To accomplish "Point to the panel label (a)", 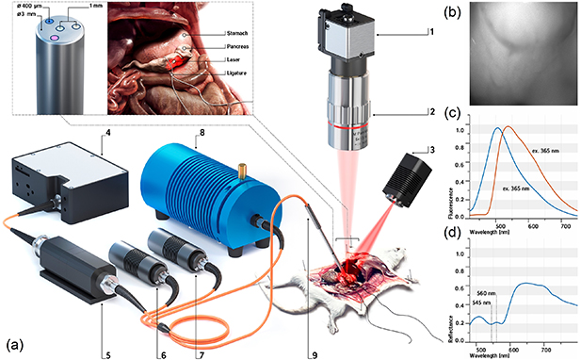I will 17,335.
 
